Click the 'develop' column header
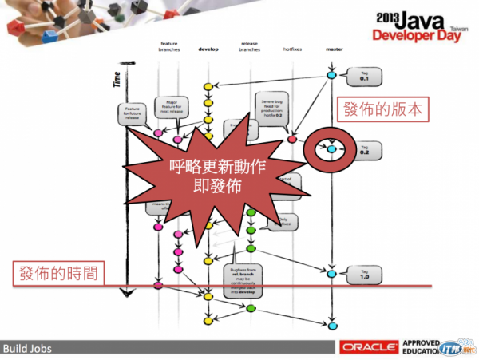coord(208,48)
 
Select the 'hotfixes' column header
coord(293,48)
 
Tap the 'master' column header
coord(334,48)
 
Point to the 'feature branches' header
coord(169,45)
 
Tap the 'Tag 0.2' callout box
coord(364,150)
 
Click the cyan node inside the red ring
coord(331,148)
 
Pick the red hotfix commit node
coord(292,140)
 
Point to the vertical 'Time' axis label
coord(117,79)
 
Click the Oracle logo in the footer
coord(368,347)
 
